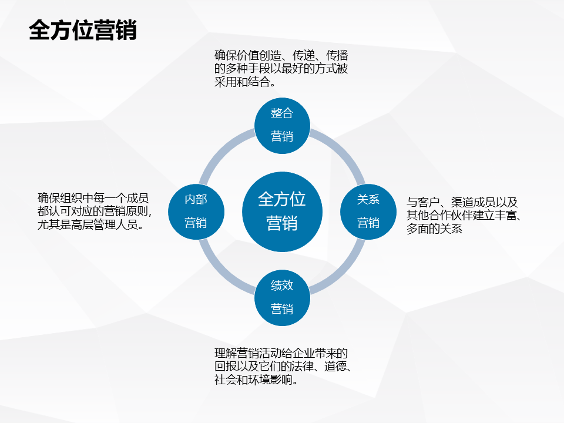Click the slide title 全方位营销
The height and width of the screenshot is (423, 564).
(83, 31)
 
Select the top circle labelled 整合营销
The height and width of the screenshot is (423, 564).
(282, 125)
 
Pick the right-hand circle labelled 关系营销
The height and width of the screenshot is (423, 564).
(368, 211)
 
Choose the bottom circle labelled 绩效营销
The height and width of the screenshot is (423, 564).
(282, 297)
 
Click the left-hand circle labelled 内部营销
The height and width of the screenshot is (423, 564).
(196, 211)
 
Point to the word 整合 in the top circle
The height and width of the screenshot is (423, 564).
(282, 113)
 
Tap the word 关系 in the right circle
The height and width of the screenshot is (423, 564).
(368, 199)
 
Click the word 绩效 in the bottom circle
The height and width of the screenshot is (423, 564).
(282, 286)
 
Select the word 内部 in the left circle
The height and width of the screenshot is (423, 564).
(196, 199)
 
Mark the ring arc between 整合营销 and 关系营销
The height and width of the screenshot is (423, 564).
(343, 150)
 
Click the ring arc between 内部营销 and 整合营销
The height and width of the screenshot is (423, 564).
(221, 150)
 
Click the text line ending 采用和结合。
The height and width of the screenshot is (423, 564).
(246, 82)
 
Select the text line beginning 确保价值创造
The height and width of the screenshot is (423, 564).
(281, 56)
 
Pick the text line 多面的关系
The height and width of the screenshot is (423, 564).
(434, 229)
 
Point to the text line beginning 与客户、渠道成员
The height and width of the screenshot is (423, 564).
(462, 202)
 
